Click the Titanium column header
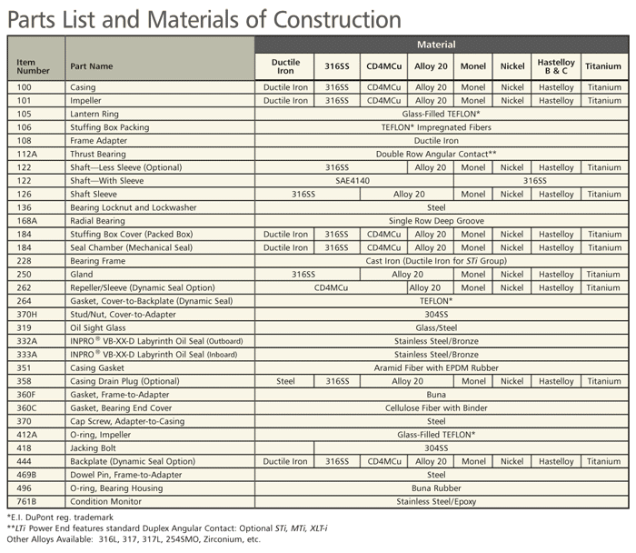[603, 66]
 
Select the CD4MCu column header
[383, 66]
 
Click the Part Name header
[91, 66]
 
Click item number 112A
[26, 155]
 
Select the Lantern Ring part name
[94, 115]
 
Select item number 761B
[26, 501]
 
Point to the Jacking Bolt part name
[95, 447]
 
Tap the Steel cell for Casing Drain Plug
[285, 381]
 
